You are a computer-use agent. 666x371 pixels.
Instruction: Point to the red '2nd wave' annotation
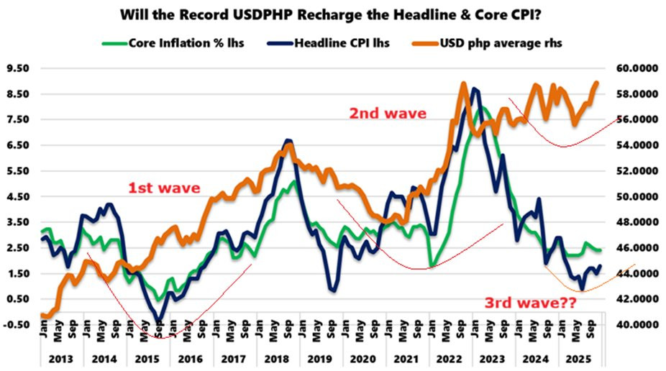pyautogui.click(x=388, y=113)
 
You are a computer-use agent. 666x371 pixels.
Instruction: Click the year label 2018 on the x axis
pyautogui.click(x=278, y=357)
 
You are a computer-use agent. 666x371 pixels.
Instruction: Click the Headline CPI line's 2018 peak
pyautogui.click(x=288, y=140)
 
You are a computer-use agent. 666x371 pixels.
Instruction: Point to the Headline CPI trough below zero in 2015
pyautogui.click(x=159, y=320)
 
